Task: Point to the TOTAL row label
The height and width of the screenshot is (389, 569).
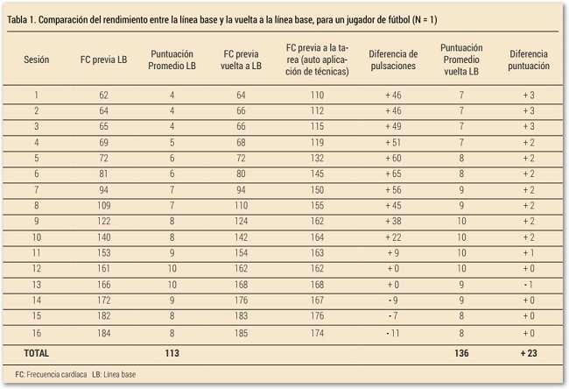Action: point(38,353)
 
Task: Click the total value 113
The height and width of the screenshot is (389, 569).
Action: point(172,353)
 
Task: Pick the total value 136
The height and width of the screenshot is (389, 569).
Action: point(460,353)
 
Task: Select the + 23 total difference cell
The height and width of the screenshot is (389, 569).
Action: point(529,353)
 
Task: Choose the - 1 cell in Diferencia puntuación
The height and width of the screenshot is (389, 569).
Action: point(529,284)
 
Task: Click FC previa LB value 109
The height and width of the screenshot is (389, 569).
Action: point(103,205)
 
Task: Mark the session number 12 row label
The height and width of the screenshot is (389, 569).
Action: point(36,268)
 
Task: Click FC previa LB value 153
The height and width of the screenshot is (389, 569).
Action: point(103,252)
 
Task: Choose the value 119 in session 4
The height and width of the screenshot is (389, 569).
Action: point(317,142)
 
